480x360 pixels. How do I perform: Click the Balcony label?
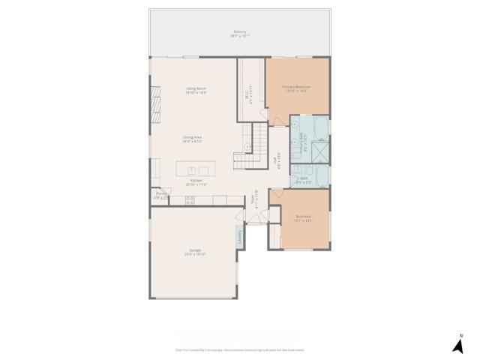point(239,32)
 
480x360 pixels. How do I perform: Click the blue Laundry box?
point(239,236)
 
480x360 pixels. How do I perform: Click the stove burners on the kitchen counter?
point(190,199)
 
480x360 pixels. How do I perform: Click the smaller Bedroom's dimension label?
point(303,220)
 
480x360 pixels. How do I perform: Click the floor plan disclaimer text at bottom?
point(239,349)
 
